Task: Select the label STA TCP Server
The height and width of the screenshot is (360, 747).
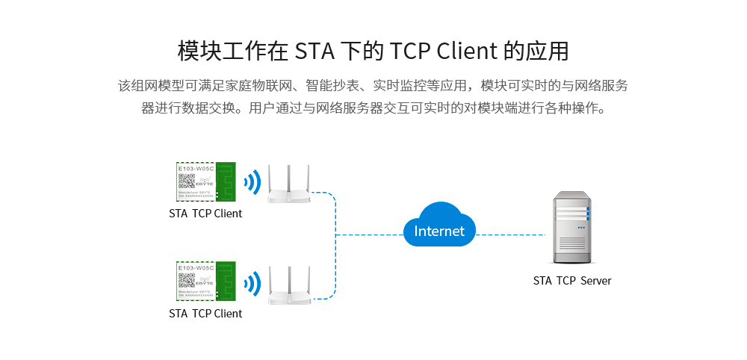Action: [x=572, y=281]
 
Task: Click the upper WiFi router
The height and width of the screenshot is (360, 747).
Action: [x=288, y=187]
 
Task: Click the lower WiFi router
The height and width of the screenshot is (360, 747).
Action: [x=288, y=288]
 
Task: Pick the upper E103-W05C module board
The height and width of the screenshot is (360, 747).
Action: [x=205, y=181]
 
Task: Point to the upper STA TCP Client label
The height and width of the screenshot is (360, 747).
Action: [x=205, y=214]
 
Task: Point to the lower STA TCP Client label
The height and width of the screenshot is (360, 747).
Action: [x=205, y=314]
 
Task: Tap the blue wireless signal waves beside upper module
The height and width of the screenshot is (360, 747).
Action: [x=253, y=182]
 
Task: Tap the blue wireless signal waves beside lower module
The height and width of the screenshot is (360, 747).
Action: [x=253, y=283]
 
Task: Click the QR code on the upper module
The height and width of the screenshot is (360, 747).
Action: [x=185, y=181]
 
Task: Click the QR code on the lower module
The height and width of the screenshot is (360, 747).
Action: [x=185, y=281]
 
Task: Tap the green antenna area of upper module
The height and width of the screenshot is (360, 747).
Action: [x=226, y=181]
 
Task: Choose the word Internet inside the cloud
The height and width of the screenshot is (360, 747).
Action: [x=439, y=232]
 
